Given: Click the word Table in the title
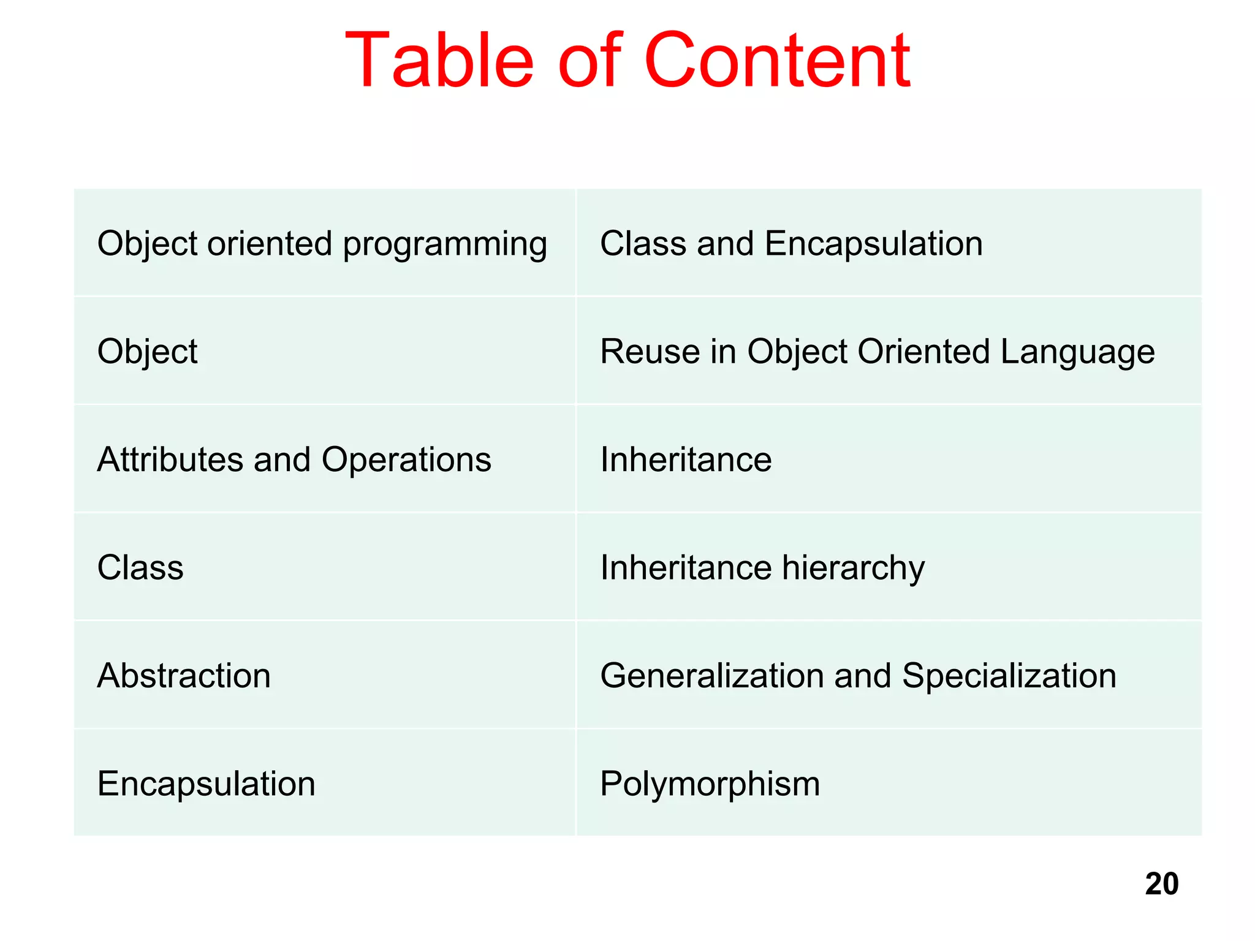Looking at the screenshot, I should [x=439, y=61].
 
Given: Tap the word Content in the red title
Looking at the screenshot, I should [x=776, y=61].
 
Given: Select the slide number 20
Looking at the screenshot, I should [x=1161, y=884].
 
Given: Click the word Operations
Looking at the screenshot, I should [x=406, y=459].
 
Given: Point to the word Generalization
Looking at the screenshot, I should [x=711, y=676].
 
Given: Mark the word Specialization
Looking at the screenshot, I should [x=1009, y=676].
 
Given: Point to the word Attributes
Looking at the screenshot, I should [x=170, y=459].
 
